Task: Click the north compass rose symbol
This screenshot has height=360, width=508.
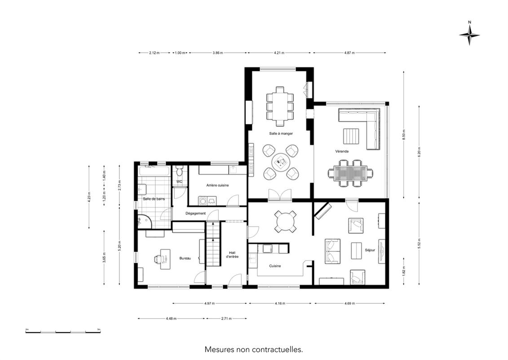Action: point(469,36)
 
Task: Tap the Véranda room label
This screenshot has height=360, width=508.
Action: point(342,151)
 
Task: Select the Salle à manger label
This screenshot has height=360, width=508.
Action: point(281,133)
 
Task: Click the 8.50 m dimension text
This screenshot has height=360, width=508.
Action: point(404,134)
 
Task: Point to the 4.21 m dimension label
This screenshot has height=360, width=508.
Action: point(279,53)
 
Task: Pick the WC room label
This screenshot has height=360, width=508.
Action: point(179,182)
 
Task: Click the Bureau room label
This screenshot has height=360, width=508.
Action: point(185,258)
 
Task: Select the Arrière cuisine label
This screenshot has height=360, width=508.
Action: point(217,185)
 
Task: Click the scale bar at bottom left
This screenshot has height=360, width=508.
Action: point(63,331)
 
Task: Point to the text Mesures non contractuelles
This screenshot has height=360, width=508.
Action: point(254,350)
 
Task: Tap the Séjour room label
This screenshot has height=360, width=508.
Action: point(370,250)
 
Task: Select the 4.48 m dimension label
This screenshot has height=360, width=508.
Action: point(171,319)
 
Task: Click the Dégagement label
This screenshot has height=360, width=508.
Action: point(195,213)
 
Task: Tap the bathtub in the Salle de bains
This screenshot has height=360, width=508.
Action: point(154,172)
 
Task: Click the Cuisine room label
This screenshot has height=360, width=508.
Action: point(275,266)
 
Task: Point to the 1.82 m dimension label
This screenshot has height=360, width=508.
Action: point(404,270)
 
